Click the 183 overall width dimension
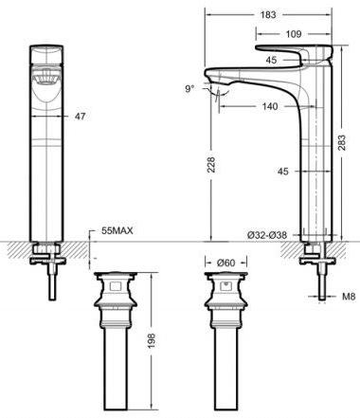click(x=268, y=15)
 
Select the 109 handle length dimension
click(x=294, y=34)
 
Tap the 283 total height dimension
click(x=342, y=143)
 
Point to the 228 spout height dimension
click(x=211, y=164)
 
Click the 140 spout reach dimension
click(x=270, y=106)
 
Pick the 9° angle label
click(x=189, y=89)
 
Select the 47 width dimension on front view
click(x=80, y=117)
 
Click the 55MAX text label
click(x=117, y=230)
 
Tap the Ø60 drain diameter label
click(x=226, y=263)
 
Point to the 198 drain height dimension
click(x=153, y=340)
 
